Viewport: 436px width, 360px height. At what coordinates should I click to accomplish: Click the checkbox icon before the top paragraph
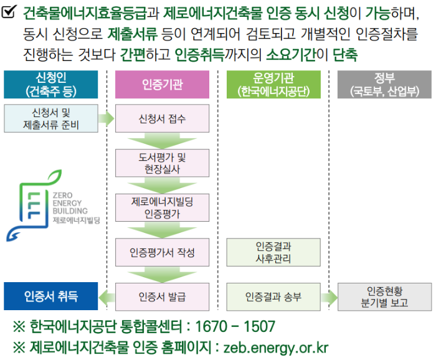tap(10, 12)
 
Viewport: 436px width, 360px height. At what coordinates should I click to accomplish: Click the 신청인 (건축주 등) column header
tap(50, 84)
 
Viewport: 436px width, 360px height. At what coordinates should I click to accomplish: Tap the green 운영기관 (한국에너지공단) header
tap(273, 84)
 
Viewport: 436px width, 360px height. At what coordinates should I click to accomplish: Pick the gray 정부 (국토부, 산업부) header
tap(384, 84)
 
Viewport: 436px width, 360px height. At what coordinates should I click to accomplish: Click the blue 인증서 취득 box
tap(50, 296)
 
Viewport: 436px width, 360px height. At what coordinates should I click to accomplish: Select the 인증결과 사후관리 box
tap(273, 252)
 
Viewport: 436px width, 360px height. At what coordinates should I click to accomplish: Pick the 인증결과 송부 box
tap(273, 296)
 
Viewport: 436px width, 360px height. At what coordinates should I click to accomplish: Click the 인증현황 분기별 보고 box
tap(384, 296)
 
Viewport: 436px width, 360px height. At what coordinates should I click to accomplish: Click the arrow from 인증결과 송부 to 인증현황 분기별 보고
tap(328, 296)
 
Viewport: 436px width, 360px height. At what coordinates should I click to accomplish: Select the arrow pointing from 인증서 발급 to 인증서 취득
tap(107, 296)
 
